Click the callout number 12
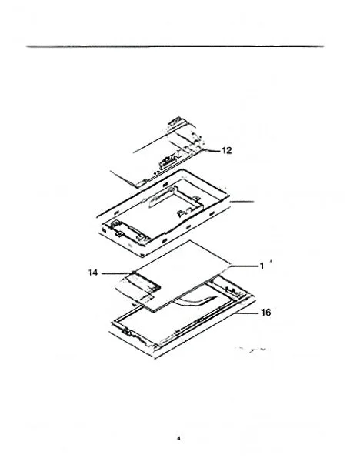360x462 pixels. click(x=226, y=151)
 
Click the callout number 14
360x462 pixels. click(x=93, y=273)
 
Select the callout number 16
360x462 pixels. click(x=266, y=313)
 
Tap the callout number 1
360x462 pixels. click(x=262, y=266)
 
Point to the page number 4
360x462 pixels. click(x=178, y=438)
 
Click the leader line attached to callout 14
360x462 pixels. click(x=115, y=273)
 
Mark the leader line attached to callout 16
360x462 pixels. click(x=246, y=314)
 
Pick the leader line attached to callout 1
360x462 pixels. click(x=244, y=266)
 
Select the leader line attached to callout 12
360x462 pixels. click(x=212, y=151)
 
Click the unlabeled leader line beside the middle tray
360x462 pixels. click(x=242, y=202)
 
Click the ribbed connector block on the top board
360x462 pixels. click(x=168, y=160)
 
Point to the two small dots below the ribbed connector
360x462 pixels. click(x=157, y=172)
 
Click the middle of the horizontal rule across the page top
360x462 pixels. click(x=175, y=46)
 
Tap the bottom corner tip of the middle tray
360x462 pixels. click(x=143, y=256)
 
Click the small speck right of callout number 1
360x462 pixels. click(x=271, y=261)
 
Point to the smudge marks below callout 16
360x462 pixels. click(x=252, y=350)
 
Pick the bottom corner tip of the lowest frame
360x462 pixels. click(x=155, y=359)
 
